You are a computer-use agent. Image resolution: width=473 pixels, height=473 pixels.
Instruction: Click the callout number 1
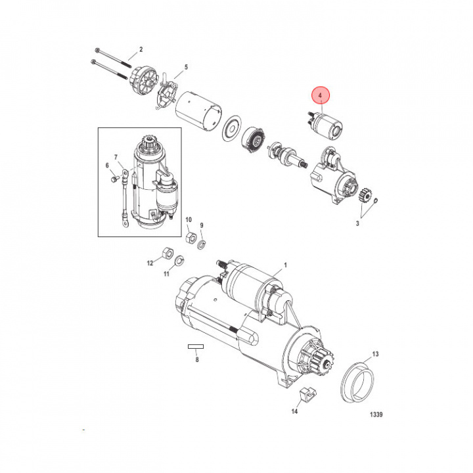coord(285,265)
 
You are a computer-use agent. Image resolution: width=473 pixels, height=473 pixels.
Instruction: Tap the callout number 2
coord(141,51)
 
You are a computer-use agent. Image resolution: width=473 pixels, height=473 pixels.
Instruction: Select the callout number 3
coord(358,224)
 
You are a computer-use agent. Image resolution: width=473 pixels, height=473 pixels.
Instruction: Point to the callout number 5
coord(186,67)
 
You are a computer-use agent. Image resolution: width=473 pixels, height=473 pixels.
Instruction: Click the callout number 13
coord(376,354)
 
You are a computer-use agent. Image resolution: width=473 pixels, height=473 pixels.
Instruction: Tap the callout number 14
coord(295,412)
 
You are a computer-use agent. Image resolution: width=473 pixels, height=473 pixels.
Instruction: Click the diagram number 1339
coord(375,415)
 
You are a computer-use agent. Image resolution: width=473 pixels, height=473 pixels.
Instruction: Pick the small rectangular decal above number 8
coord(196,346)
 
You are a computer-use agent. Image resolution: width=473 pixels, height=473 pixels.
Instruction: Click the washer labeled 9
coord(201,244)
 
